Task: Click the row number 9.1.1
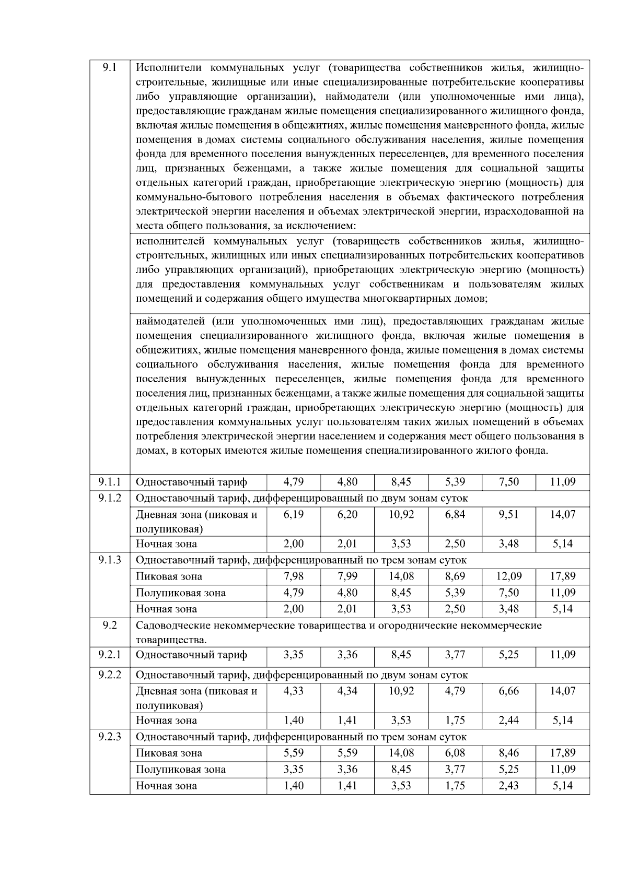pos(110,482)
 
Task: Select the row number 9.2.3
pos(110,737)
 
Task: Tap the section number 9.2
pos(110,625)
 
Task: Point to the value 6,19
pos(294,514)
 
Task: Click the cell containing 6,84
pos(455,514)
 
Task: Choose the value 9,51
pos(508,514)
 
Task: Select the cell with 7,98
pos(294,576)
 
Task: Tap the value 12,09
pos(508,576)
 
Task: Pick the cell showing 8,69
pos(455,576)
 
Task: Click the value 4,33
pos(294,691)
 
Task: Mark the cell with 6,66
pos(508,691)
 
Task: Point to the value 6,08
pos(455,753)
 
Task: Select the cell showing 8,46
pos(508,753)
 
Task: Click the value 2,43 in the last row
pos(508,785)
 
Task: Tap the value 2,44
pos(508,720)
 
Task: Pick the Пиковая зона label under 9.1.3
pos(169,576)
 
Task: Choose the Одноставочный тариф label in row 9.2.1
pos(191,655)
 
